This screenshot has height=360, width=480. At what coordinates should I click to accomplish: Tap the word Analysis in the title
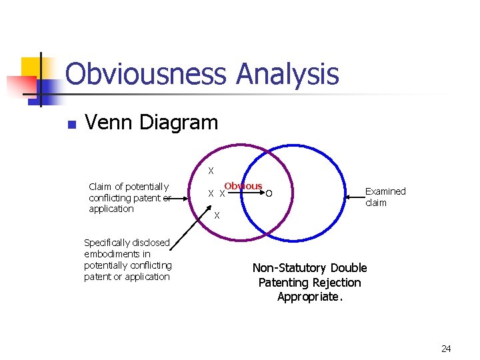tap(287, 74)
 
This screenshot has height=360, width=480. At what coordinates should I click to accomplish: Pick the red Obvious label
tap(243, 186)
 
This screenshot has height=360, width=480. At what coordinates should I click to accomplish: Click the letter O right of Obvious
tap(269, 194)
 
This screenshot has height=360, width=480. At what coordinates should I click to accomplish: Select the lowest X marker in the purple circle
tap(217, 215)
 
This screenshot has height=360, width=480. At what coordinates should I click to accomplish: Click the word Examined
tap(385, 191)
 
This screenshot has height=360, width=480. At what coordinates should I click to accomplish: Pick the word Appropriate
tap(310, 297)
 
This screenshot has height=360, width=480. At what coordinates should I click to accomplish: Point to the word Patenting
tap(283, 283)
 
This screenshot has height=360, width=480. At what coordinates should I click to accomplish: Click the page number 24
tap(446, 349)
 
